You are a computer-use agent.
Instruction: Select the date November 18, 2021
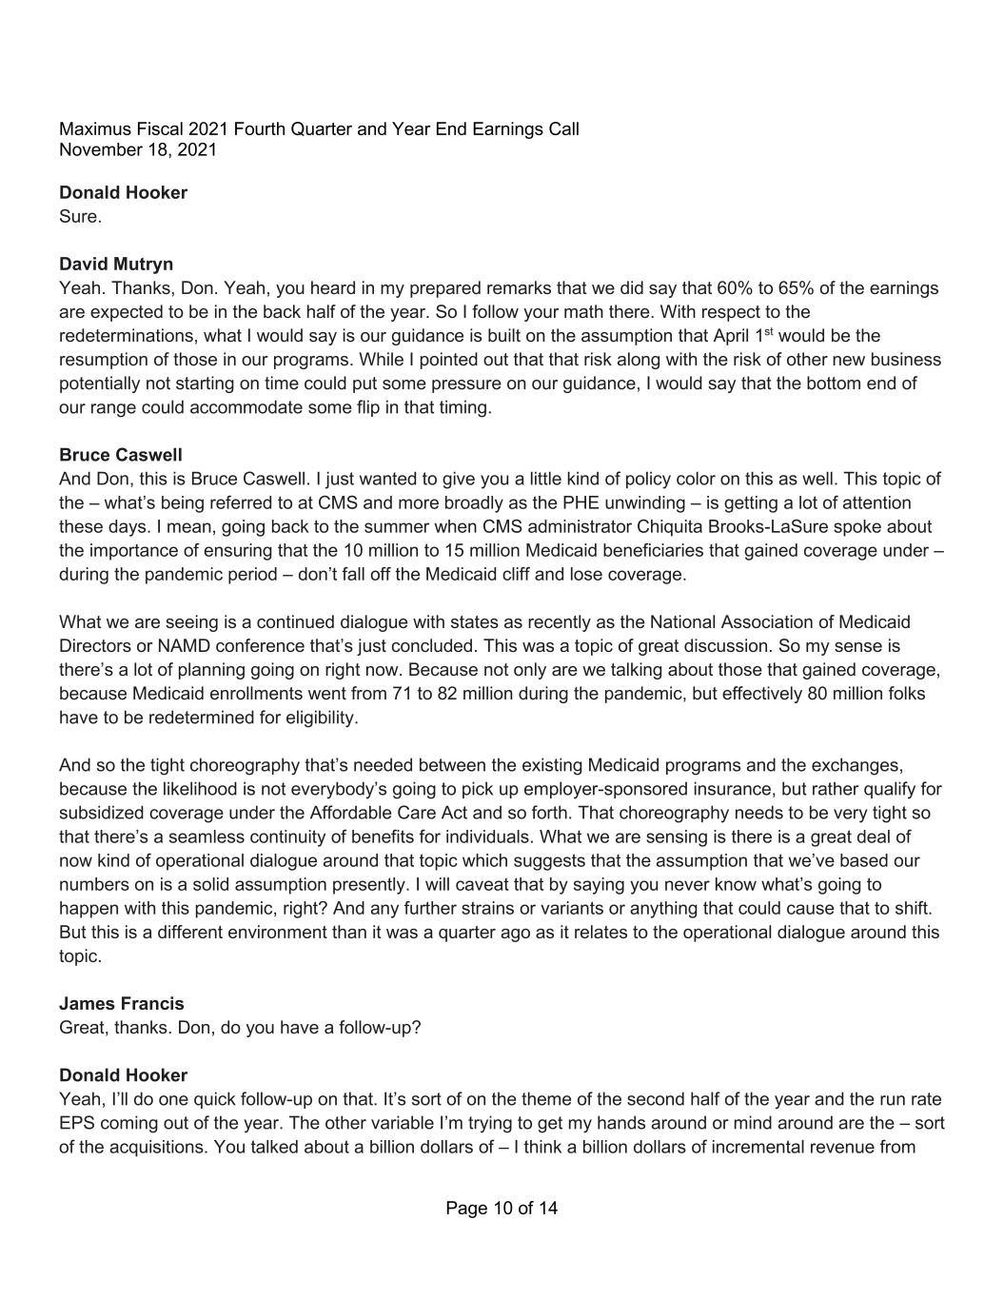(138, 150)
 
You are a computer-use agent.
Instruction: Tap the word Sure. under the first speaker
(80, 217)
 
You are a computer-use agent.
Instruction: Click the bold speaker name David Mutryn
(116, 264)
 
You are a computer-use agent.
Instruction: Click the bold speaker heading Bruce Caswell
(120, 455)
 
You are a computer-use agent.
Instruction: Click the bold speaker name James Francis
(122, 1003)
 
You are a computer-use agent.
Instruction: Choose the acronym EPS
(76, 1123)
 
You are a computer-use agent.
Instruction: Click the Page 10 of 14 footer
(502, 1209)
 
